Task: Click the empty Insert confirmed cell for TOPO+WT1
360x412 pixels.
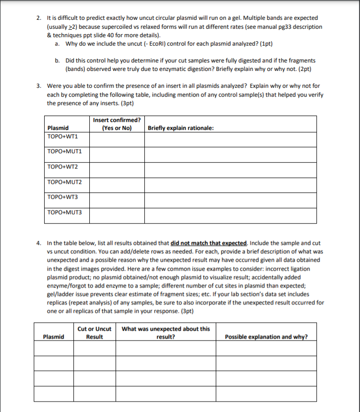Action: coord(117,139)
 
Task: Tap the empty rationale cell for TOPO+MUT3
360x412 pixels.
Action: coord(230,216)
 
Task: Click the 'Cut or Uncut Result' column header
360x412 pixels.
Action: coord(94,333)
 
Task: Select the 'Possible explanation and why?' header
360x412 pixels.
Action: coord(266,337)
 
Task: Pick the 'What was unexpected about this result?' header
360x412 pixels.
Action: coord(166,333)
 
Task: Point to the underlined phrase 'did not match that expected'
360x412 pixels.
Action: coord(208,243)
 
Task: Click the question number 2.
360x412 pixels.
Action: coord(39,18)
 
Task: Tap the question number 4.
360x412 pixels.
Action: coord(39,243)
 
